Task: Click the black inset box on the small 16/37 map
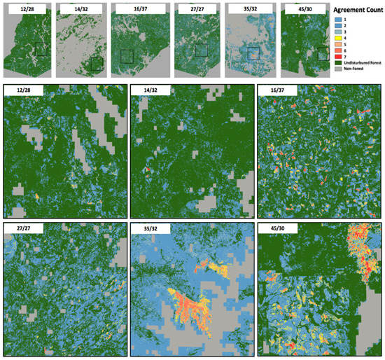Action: tap(127, 55)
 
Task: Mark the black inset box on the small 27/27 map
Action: tap(202, 50)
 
